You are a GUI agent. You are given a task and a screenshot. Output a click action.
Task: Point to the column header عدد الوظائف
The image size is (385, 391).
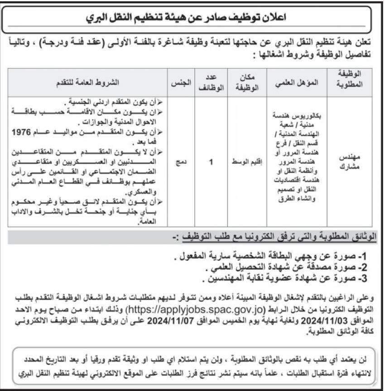click(211, 82)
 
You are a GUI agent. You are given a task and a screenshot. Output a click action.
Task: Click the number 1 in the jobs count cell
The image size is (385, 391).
click(211, 161)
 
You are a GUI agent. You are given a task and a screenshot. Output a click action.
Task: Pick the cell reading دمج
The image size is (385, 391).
click(180, 161)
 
